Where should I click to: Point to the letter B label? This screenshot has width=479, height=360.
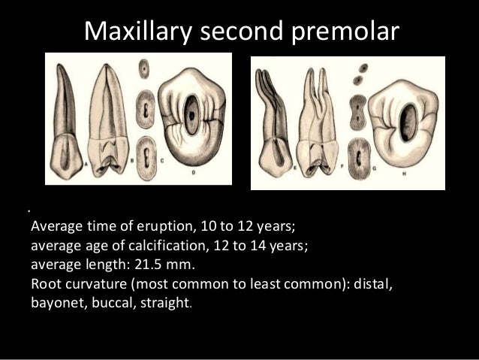(x=134, y=160)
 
